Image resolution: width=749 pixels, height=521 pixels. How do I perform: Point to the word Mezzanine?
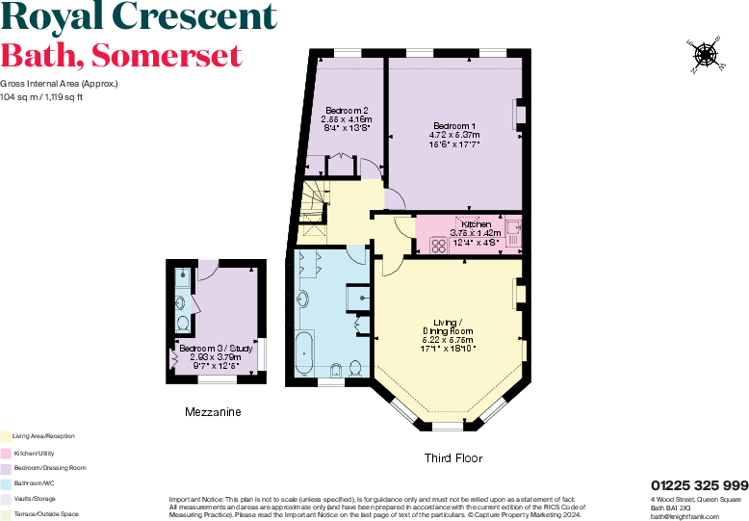coord(213,412)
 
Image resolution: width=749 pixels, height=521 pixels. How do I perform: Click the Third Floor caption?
coord(453,457)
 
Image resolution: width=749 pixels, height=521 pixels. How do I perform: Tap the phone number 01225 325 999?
coord(699,485)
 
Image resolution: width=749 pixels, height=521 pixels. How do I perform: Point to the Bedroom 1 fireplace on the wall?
coord(521,113)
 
